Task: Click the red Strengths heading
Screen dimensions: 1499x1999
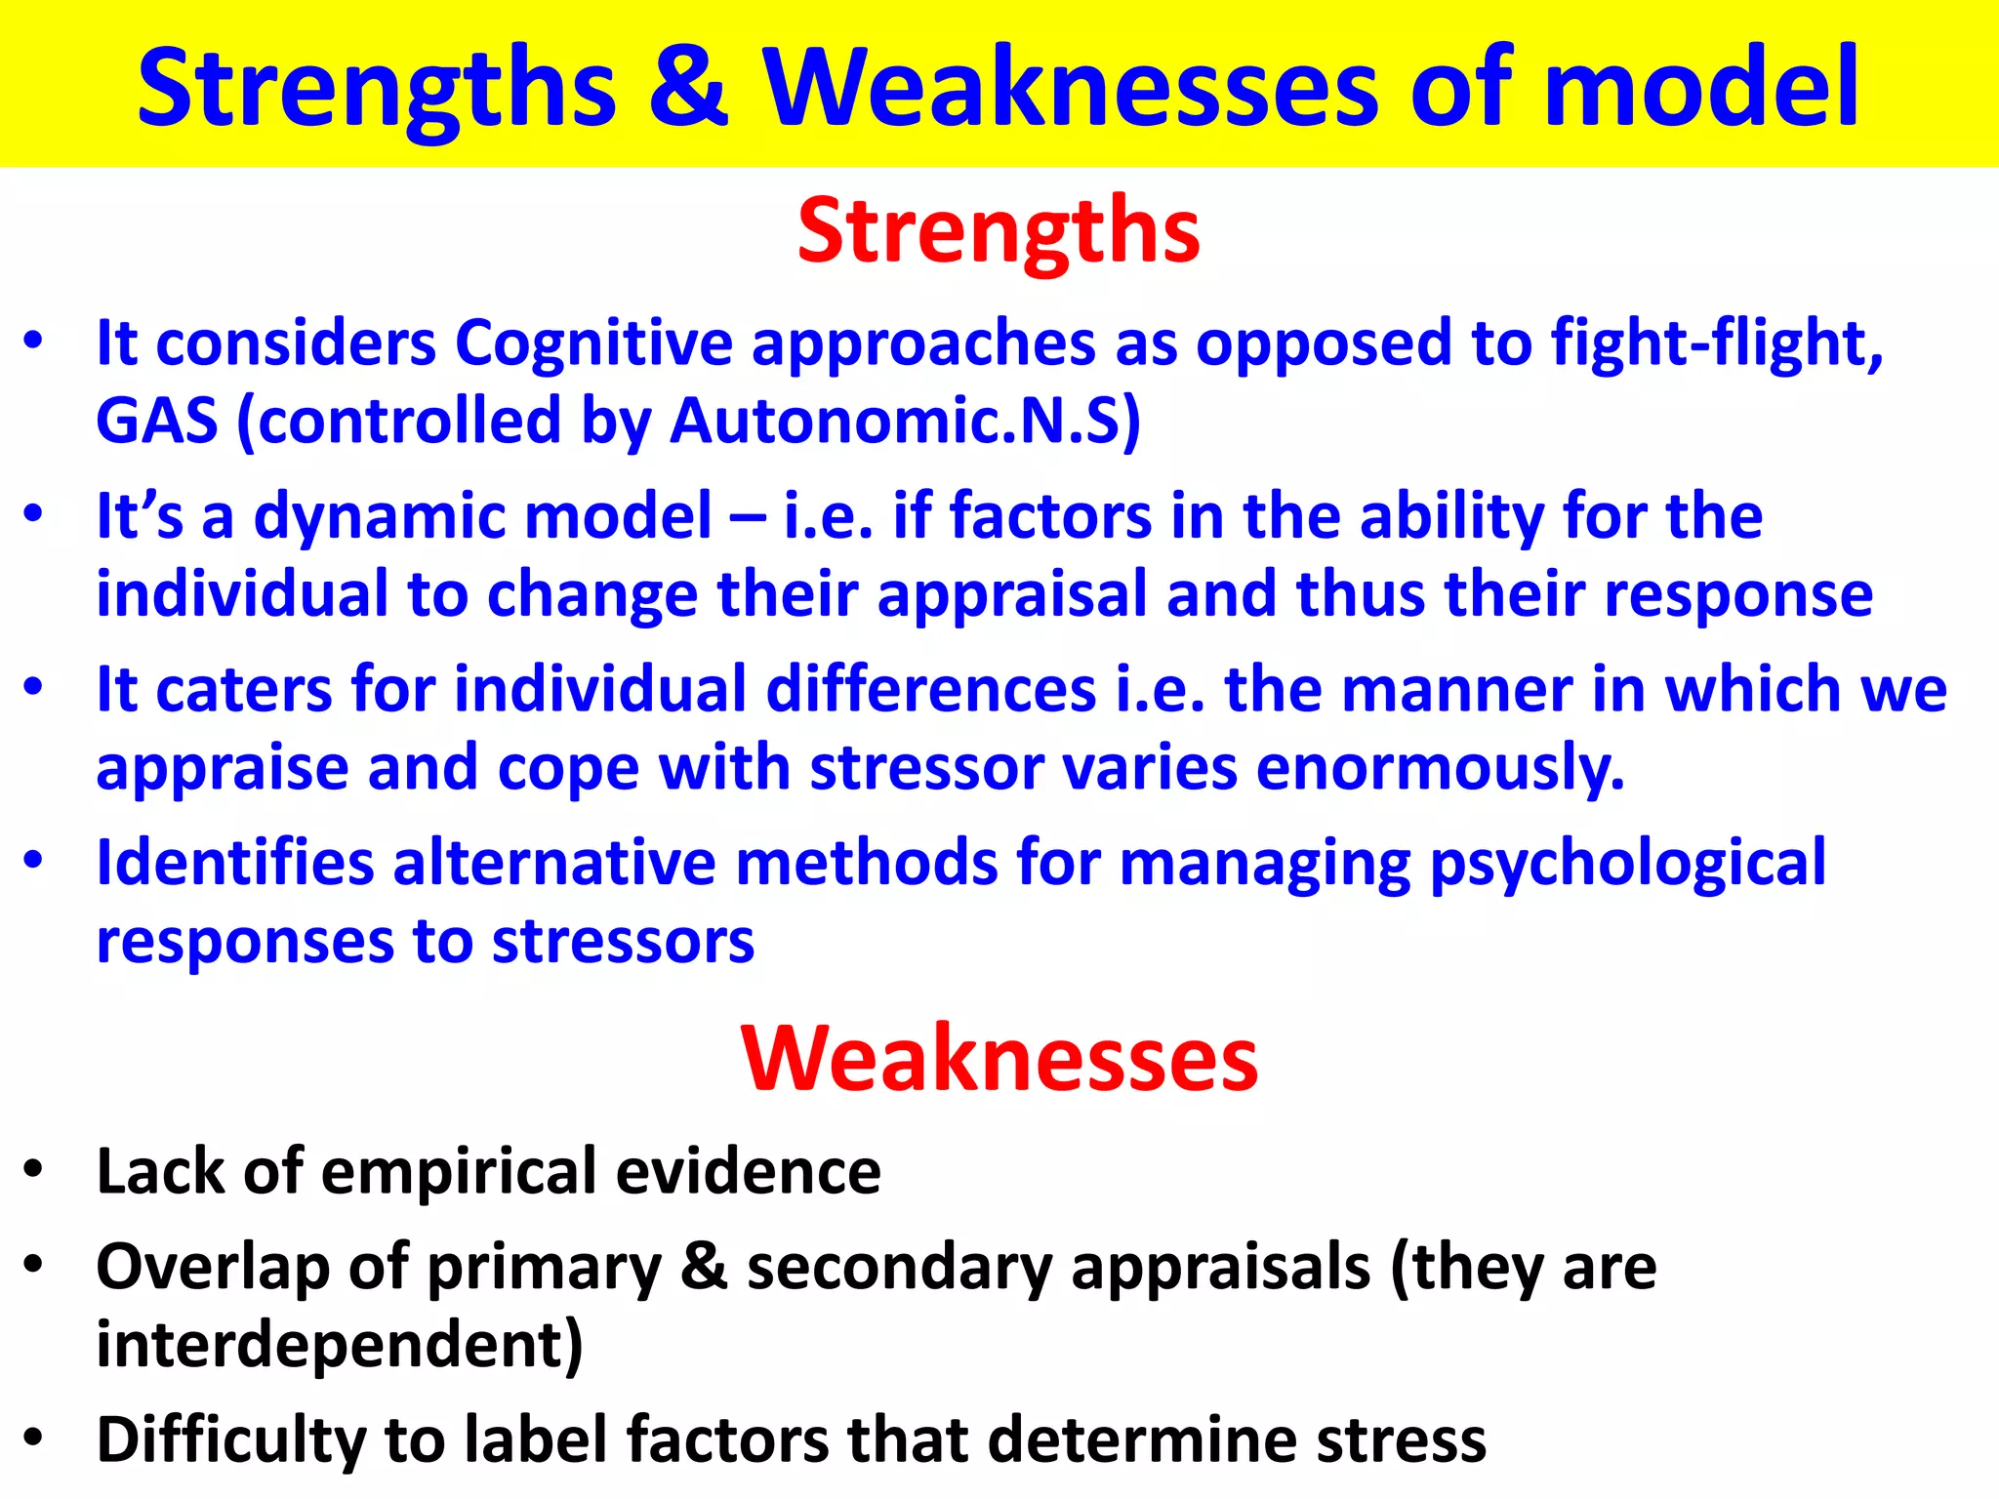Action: (x=999, y=232)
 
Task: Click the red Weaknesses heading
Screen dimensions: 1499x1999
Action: (x=999, y=1060)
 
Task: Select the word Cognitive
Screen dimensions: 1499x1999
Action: (x=593, y=344)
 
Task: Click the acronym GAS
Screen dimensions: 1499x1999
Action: (x=156, y=422)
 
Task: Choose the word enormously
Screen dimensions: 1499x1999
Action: (x=1440, y=768)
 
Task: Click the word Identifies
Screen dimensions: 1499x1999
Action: (x=235, y=864)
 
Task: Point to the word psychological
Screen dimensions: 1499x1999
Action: (x=1627, y=864)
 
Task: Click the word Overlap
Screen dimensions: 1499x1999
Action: (x=213, y=1268)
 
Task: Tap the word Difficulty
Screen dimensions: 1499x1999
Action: (x=230, y=1440)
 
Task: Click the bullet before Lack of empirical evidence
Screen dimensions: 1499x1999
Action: (x=34, y=1169)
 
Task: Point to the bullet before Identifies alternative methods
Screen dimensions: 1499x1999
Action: (x=34, y=861)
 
